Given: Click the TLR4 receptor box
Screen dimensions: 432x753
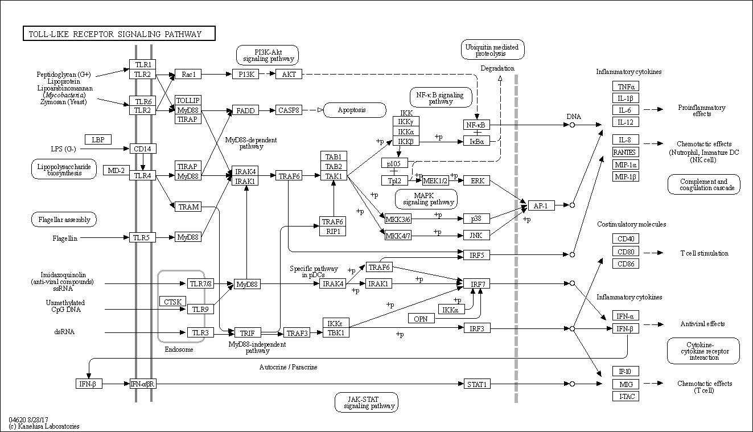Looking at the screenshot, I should coord(143,176).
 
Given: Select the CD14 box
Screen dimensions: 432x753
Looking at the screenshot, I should coord(143,149).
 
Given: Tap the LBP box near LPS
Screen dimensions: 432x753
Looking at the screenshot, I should coord(98,139).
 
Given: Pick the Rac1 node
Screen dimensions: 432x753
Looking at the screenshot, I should coord(188,74).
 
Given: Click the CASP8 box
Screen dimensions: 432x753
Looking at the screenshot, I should coord(289,110).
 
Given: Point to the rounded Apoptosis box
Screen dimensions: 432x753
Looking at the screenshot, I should coord(354,110).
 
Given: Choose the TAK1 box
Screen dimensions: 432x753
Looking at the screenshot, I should coord(334,176).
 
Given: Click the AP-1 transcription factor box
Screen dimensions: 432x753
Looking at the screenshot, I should coord(541,205).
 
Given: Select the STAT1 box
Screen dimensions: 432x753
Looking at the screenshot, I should coord(477,384).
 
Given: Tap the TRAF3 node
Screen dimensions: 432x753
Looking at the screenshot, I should coord(297,333).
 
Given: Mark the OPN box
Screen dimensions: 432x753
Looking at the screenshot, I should coord(421,319).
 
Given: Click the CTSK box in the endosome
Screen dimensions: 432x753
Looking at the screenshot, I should coord(172,301).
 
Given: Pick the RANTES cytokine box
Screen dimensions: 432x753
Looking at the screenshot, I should coord(625,152).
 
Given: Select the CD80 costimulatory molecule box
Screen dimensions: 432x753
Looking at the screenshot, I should coord(625,251).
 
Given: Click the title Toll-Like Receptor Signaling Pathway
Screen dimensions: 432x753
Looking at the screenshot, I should coord(119,34).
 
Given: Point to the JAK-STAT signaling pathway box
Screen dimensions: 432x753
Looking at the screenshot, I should coord(366,402).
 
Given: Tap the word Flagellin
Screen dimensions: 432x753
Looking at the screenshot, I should coord(65,238).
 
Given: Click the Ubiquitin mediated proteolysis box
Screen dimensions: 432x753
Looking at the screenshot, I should coord(492,51).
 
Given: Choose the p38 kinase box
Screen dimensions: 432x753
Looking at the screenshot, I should coord(476,218).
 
